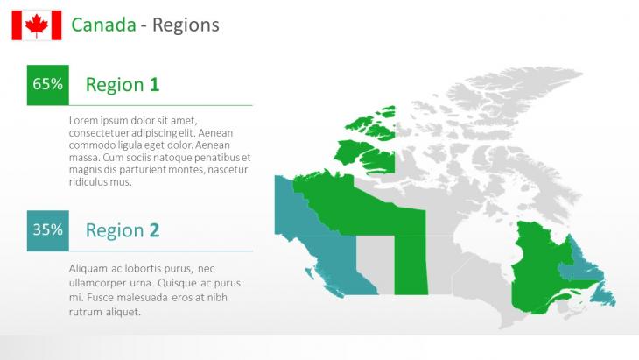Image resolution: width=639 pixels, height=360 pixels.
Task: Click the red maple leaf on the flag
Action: point(37,25)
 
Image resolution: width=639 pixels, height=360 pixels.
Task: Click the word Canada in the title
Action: point(103,25)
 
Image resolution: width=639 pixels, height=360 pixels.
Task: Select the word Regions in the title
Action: point(186,25)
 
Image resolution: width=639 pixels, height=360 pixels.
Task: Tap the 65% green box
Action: point(47,85)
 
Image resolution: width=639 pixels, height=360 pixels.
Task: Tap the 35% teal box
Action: point(47,230)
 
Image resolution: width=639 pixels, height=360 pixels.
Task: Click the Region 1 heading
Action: point(123,85)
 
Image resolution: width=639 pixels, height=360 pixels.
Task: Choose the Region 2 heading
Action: point(123,230)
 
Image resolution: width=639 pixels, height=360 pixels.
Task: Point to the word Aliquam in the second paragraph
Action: point(85,269)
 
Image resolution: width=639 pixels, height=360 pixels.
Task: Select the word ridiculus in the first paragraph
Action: point(84,182)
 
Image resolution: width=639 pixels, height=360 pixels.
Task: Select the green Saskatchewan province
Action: point(411,265)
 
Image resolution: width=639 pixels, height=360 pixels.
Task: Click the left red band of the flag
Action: point(17,25)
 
